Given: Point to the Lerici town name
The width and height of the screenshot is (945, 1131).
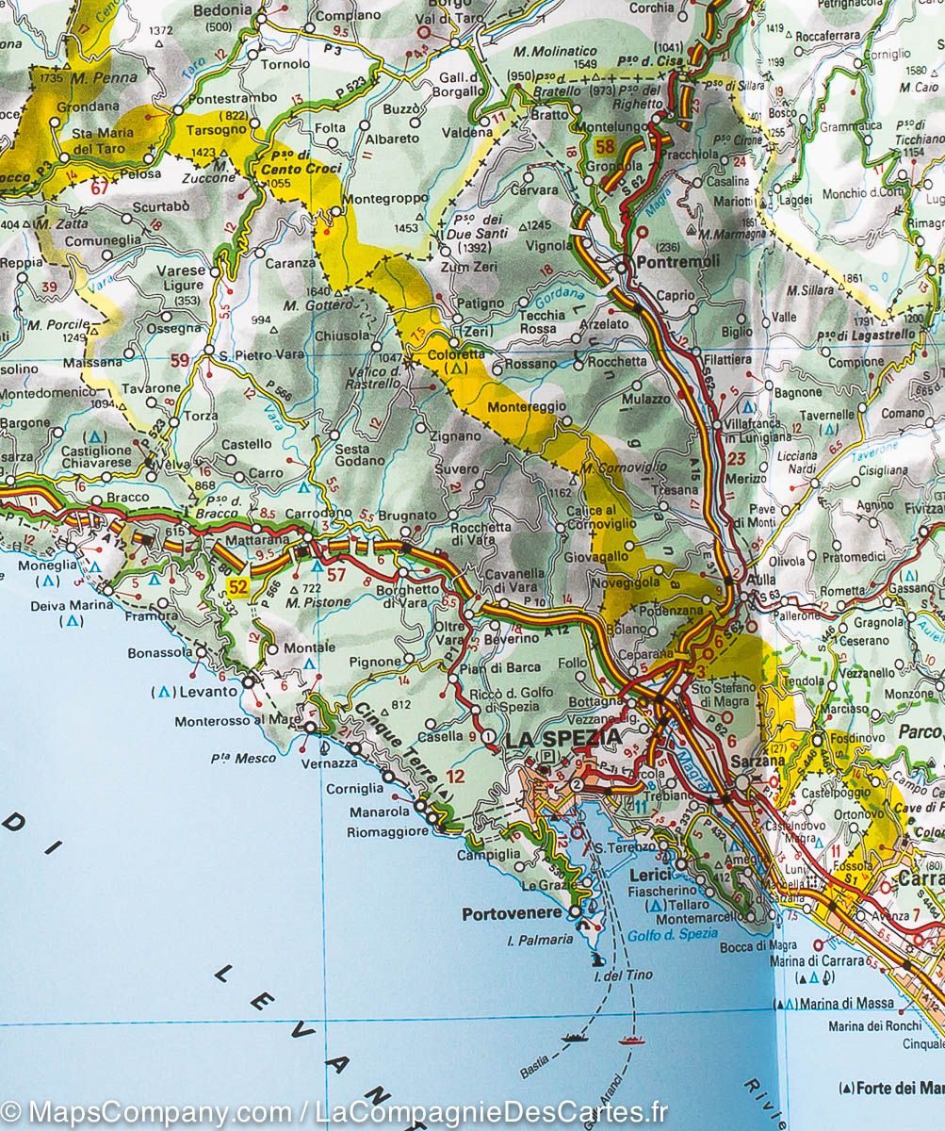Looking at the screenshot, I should pos(649,875).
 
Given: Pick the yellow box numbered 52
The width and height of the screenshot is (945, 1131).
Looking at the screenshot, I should pos(238,588).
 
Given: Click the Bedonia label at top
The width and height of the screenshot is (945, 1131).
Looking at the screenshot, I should pos(222,10).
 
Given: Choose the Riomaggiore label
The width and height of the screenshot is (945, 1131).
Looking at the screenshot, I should pos(387,832).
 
